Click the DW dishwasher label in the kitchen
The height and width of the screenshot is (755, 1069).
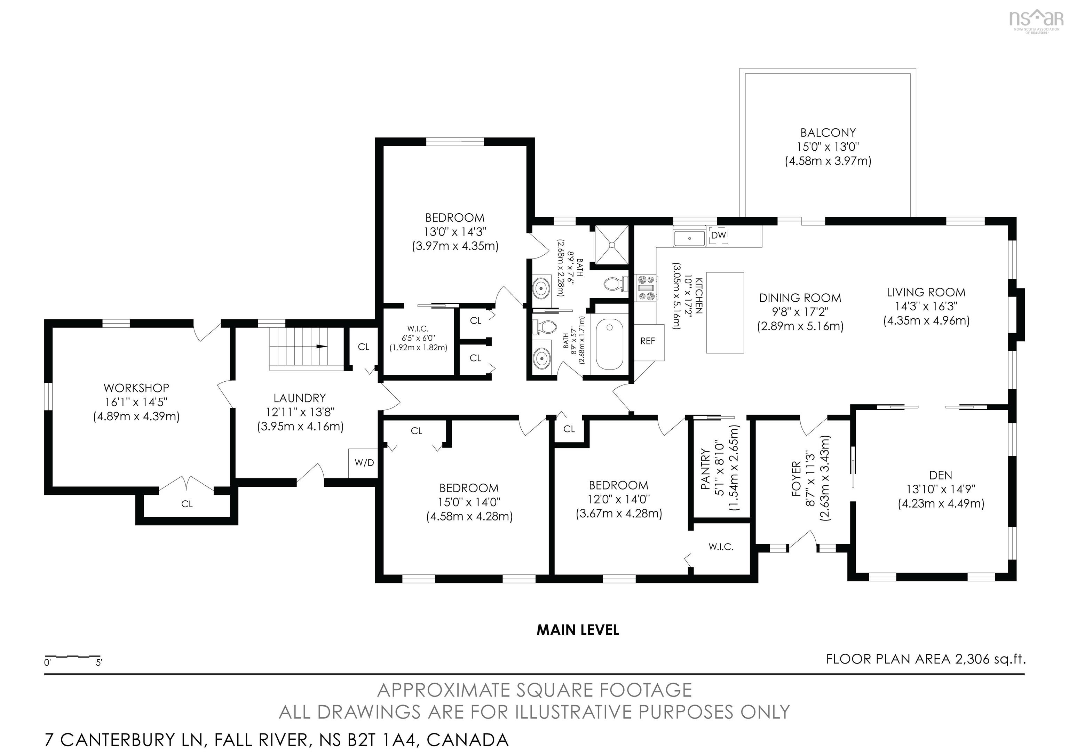(719, 236)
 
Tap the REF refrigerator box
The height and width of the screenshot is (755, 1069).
(648, 342)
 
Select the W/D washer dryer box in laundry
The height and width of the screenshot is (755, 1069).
(364, 463)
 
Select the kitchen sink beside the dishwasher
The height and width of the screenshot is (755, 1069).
(690, 237)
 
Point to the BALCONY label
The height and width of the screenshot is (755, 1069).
(828, 133)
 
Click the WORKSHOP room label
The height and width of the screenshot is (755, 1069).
(136, 388)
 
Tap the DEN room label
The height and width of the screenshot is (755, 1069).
(941, 475)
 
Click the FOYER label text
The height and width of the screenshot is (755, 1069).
(796, 478)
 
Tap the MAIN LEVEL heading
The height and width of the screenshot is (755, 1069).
(578, 630)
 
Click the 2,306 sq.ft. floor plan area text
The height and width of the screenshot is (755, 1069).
(990, 659)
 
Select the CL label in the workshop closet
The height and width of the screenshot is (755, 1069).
(187, 504)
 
